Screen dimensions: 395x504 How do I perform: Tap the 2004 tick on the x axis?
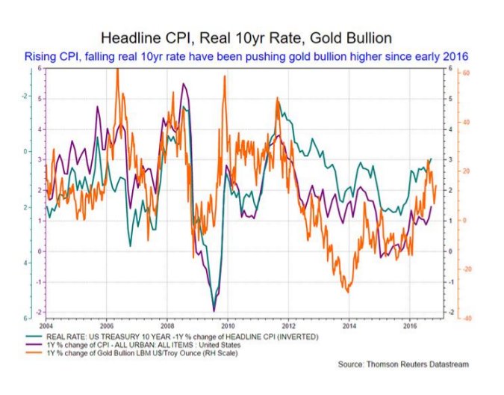[x=46, y=326]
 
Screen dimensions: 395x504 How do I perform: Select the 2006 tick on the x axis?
[x=107, y=326]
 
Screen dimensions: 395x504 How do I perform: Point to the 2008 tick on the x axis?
[x=167, y=326]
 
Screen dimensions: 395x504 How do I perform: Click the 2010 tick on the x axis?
[x=228, y=326]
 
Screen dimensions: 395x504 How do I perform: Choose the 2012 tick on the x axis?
[x=288, y=326]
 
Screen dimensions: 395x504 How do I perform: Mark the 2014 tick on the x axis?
[x=349, y=326]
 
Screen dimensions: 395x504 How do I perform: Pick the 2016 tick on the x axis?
[x=409, y=326]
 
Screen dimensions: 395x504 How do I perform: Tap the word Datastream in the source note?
[x=441, y=364]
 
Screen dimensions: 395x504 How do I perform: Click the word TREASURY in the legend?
[x=131, y=337]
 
